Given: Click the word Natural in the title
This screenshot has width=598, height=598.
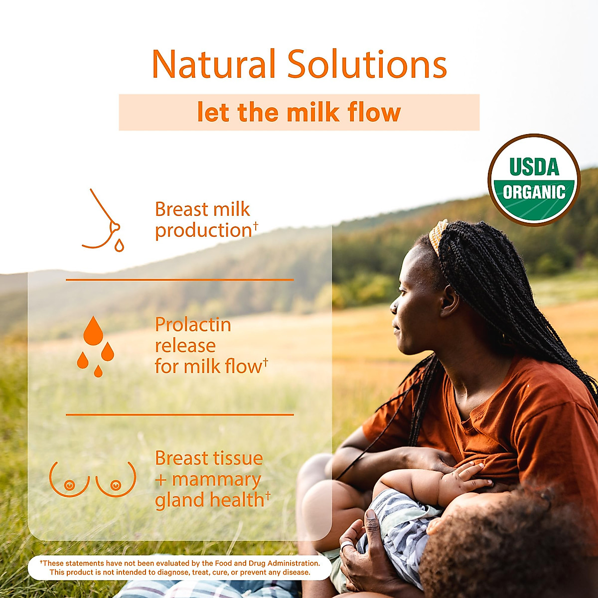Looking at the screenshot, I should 213,64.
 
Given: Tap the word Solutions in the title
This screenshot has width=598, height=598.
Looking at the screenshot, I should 367,64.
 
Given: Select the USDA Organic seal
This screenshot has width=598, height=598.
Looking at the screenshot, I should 534,180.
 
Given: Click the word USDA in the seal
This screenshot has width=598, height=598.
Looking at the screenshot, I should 534,167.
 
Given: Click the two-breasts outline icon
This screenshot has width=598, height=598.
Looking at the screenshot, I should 93,479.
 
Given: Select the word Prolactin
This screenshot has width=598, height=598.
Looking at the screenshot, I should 193,325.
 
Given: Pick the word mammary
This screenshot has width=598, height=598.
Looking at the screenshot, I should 216,479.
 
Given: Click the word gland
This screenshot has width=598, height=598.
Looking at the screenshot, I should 177,500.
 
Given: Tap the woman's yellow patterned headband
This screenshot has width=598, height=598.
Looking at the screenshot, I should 438,235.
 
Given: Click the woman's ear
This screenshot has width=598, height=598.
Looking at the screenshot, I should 450,302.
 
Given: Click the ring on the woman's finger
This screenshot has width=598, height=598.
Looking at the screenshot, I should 345,546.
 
